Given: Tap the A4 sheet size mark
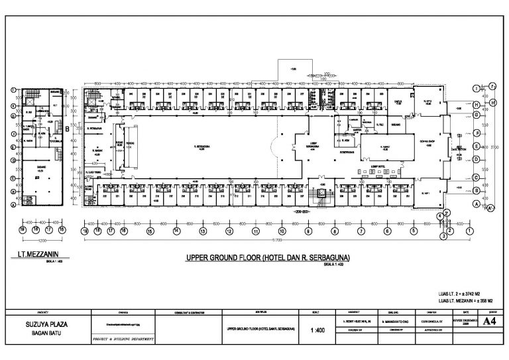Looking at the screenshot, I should click(489, 322).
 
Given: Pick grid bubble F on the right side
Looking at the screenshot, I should click(476, 132).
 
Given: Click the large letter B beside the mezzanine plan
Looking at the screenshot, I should click(68, 130).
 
